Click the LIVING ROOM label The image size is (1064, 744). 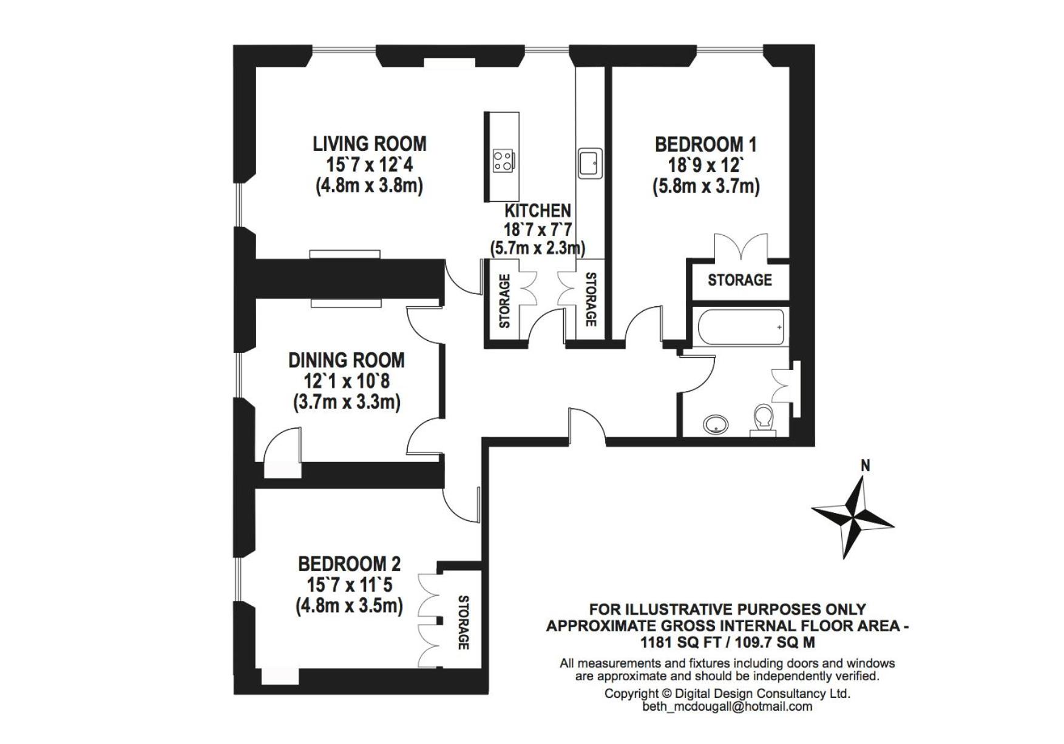[x=370, y=144]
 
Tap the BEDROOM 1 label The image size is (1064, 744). [x=706, y=144]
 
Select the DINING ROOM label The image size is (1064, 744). [x=347, y=360]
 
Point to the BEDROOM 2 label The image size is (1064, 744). [x=350, y=564]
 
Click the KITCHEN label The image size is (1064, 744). [x=538, y=210]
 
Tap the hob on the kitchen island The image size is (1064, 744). [x=503, y=161]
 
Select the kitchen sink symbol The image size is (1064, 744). [x=590, y=163]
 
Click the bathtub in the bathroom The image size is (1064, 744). [x=741, y=327]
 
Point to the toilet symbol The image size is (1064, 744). [x=762, y=420]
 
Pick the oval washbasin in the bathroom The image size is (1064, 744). [x=718, y=424]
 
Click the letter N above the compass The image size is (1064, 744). [x=866, y=466]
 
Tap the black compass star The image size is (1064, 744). [x=853, y=517]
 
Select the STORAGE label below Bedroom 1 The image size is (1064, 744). [x=740, y=280]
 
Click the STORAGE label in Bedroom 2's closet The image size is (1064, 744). [x=464, y=623]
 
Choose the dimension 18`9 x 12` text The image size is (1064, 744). [x=706, y=165]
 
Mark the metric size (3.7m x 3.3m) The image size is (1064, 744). [x=347, y=402]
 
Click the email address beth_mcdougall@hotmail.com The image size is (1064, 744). [x=727, y=706]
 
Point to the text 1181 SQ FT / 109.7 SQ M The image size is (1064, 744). [x=727, y=642]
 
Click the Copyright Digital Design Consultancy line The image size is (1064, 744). [x=727, y=693]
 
